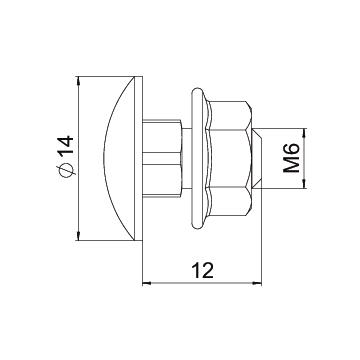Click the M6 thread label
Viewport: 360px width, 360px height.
pos(291,159)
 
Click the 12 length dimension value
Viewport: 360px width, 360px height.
pos(203,271)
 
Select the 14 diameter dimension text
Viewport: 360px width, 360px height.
pos(65,146)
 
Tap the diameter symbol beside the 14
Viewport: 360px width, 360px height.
pos(66,169)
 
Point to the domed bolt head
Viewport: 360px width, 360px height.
pos(119,158)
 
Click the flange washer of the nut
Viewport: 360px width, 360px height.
pos(199,158)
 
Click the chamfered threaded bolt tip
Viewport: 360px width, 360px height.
pos(257,158)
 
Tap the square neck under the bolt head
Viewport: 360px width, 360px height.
pos(162,158)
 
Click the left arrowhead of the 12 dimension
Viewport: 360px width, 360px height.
pos(147,283)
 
